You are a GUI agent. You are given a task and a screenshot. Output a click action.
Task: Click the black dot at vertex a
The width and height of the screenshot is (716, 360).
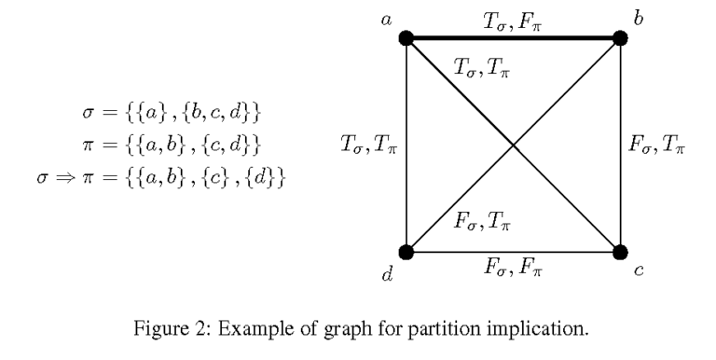click(406, 38)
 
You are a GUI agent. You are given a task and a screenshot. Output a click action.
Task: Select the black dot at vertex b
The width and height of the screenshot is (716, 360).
click(619, 38)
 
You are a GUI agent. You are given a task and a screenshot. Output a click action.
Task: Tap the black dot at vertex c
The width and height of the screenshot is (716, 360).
click(619, 251)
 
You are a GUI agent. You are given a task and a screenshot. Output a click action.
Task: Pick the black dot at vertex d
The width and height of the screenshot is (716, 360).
click(406, 251)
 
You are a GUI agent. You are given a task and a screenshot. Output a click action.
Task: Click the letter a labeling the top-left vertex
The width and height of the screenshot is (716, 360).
click(386, 18)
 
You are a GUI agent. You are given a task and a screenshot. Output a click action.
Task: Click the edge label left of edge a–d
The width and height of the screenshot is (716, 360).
click(367, 144)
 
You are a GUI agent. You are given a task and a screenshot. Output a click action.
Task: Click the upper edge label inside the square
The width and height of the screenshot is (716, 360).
click(482, 67)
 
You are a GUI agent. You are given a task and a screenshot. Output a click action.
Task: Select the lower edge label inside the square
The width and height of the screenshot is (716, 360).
click(482, 222)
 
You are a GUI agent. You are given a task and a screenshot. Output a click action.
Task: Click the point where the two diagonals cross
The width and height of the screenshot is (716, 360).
click(513, 145)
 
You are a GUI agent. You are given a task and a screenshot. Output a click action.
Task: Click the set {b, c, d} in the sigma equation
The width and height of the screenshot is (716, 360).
click(224, 114)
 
